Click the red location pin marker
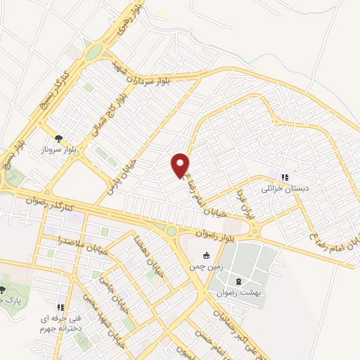click(181, 165)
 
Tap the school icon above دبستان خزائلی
click(284, 178)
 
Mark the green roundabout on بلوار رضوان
click(172, 230)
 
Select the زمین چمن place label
click(205, 266)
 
